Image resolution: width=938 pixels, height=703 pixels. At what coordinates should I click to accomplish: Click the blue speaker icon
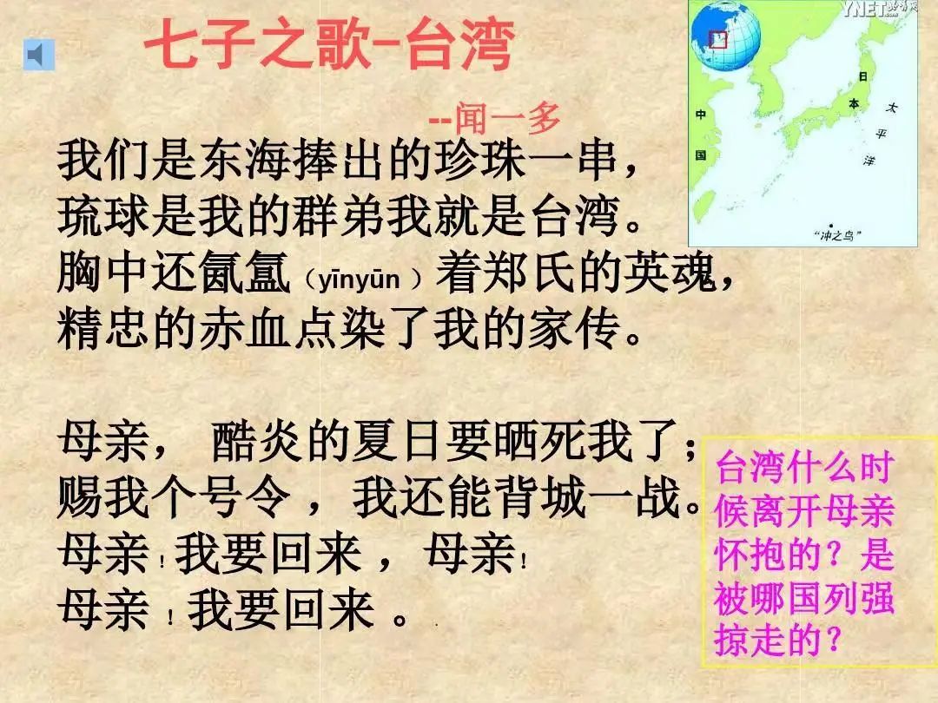[x=39, y=55]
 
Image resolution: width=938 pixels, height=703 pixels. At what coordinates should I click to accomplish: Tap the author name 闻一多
[x=507, y=118]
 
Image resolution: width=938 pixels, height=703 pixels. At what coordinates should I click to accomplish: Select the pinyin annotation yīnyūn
[x=359, y=279]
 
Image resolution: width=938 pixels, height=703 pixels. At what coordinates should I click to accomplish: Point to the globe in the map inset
[x=725, y=34]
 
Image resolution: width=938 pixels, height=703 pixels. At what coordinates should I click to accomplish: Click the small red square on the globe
[x=718, y=39]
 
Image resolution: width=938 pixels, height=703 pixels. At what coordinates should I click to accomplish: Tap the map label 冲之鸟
[x=837, y=235]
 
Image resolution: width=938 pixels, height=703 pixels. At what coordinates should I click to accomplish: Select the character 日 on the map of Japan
[x=862, y=76]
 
